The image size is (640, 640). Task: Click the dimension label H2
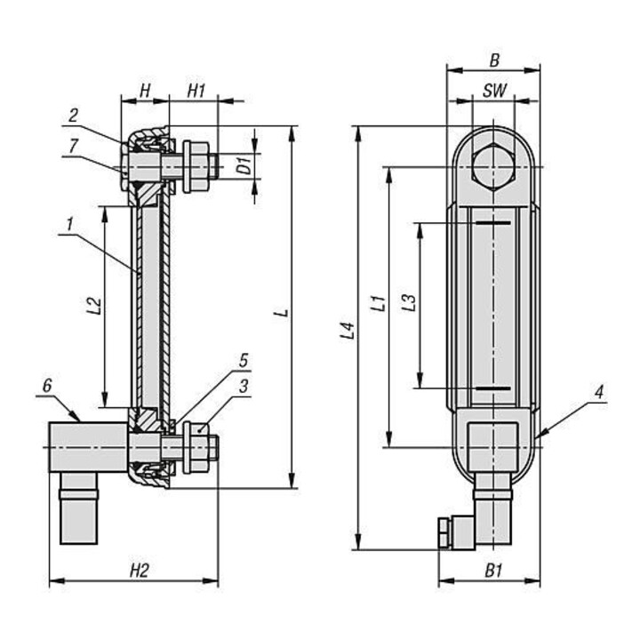tap(139, 571)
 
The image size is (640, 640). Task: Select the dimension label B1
tap(493, 571)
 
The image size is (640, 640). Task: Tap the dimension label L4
tap(348, 331)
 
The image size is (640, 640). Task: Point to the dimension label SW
tap(495, 91)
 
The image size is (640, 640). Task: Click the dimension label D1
tap(245, 165)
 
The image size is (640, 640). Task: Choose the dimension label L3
tap(409, 303)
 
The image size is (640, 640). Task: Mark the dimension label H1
tap(196, 91)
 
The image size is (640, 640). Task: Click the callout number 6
tap(47, 385)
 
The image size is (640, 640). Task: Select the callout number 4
tap(599, 392)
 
